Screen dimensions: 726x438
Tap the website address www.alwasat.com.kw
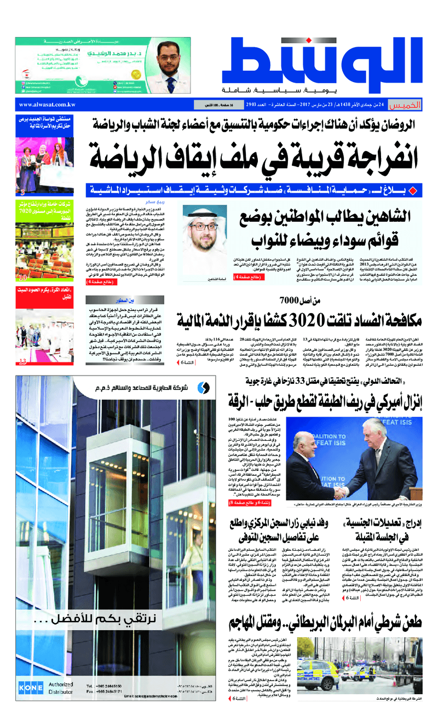pyautogui.click(x=47, y=105)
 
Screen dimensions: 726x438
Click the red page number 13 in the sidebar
pyautogui.click(x=23, y=361)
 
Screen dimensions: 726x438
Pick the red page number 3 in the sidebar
pyautogui.click(x=22, y=193)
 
